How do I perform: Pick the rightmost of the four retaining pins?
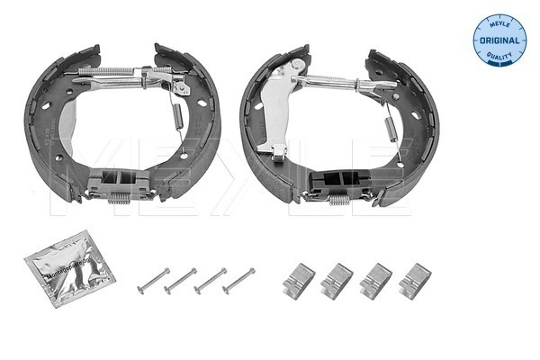pyautogui.click(x=238, y=280)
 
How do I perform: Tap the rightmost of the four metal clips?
pyautogui.click(x=414, y=280)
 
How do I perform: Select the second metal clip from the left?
pyautogui.click(x=335, y=281)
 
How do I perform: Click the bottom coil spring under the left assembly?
pyautogui.click(x=118, y=200)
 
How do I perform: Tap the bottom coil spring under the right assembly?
pyautogui.click(x=337, y=200)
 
